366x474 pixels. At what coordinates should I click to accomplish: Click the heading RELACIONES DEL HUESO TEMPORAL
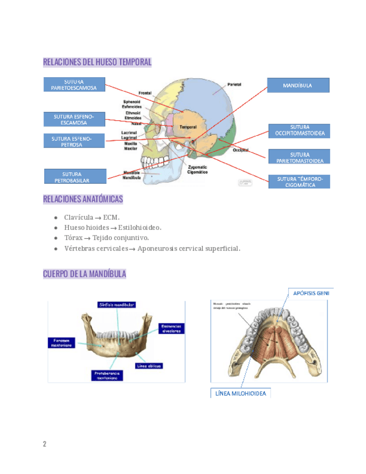(x=97, y=62)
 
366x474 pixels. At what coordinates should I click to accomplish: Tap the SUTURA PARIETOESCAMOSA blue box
(x=74, y=85)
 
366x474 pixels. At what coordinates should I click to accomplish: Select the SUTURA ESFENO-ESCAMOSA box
(x=74, y=119)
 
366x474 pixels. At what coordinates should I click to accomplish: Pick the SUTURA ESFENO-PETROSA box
(x=74, y=141)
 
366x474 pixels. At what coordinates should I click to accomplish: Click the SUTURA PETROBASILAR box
(x=75, y=177)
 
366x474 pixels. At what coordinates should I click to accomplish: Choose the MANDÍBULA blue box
(x=298, y=86)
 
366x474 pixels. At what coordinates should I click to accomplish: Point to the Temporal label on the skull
(x=188, y=127)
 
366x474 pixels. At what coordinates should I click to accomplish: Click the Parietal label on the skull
(x=234, y=84)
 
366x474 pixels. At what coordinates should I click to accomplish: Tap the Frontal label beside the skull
(x=145, y=93)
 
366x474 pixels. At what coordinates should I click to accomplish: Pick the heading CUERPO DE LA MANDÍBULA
(x=84, y=274)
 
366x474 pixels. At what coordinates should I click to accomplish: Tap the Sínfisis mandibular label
(x=117, y=305)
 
